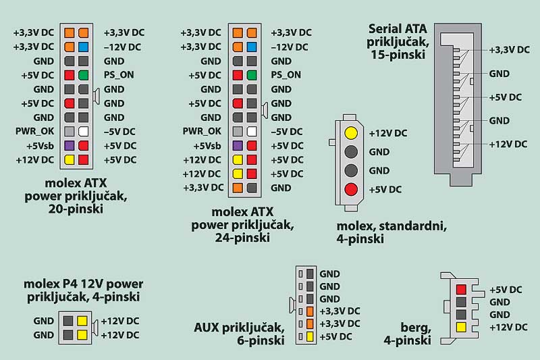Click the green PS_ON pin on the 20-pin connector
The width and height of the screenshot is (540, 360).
[83, 75]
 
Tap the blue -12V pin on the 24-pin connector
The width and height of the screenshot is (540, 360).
[252, 47]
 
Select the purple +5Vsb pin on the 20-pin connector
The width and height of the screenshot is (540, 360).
[70, 145]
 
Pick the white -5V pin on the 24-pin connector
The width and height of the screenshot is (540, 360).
[252, 132]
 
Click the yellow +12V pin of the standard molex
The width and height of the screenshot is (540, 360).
[350, 133]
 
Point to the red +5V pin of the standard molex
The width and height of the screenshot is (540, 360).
[350, 189]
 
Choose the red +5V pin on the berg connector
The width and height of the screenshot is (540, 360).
[460, 290]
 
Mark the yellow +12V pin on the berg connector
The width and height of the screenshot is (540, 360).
[460, 327]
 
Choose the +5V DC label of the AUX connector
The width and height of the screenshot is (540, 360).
[335, 336]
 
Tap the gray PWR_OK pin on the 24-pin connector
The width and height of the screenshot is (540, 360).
[238, 132]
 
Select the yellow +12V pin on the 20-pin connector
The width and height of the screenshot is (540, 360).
[70, 159]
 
